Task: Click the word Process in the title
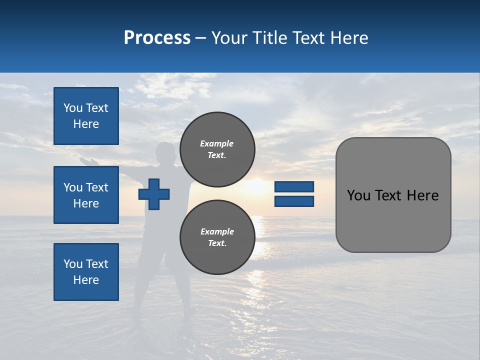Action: [x=157, y=38]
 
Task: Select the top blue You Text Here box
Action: [x=86, y=116]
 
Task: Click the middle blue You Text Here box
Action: [x=86, y=195]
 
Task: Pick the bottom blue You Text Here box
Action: [x=86, y=271]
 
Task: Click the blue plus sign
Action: [x=154, y=194]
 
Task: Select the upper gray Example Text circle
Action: [x=217, y=149]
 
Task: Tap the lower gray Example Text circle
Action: [x=217, y=237]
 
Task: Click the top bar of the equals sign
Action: [x=294, y=186]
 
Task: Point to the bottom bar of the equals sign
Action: [x=294, y=201]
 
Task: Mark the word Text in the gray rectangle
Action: [x=389, y=195]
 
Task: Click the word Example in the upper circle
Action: [x=216, y=143]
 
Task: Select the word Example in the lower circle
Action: [x=217, y=231]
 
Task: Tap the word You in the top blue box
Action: [x=72, y=108]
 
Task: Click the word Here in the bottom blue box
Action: [x=86, y=280]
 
